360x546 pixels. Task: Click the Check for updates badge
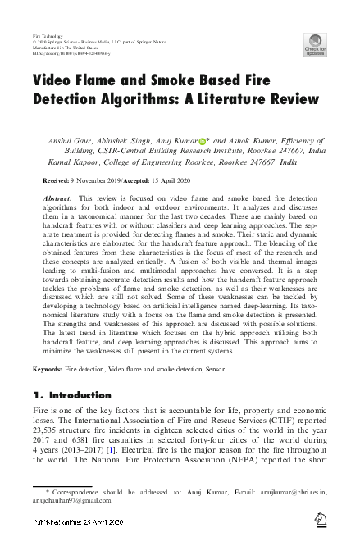(x=315, y=44)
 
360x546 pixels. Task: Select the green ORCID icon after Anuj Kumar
(x=202, y=141)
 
